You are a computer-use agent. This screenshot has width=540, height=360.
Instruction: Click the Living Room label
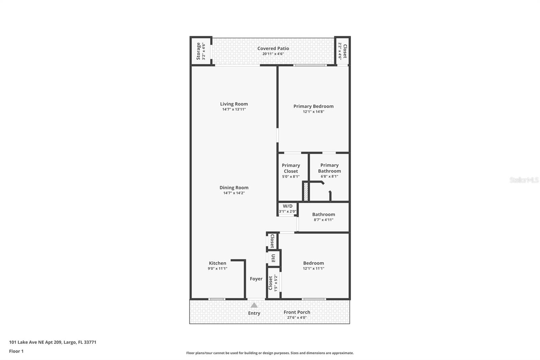pos(234,104)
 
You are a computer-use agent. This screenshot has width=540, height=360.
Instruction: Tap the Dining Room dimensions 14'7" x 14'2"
pos(234,193)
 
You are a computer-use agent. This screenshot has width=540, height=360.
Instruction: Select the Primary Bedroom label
pos(313,106)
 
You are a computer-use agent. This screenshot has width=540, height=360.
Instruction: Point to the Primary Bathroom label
pos(329,168)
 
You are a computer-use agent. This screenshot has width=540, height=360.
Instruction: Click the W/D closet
pos(288,209)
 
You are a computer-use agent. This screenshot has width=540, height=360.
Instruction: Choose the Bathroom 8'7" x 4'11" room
pos(323,217)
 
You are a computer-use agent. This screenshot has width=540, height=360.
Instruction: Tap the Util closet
pos(273,258)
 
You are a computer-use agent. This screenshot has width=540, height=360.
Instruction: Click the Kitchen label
pos(217,263)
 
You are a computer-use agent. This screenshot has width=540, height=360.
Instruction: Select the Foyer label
pos(256,279)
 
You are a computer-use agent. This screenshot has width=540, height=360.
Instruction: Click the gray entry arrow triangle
pos(254,305)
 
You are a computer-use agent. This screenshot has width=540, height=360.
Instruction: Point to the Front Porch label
pos(297,312)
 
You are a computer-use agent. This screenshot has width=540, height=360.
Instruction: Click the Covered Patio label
pos(273,48)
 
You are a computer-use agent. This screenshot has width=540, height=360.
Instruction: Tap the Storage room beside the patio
pos(201,51)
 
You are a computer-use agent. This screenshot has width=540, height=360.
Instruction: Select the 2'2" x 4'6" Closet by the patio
pos(343,51)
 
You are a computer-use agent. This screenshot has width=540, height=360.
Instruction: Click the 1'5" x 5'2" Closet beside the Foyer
pos(273,283)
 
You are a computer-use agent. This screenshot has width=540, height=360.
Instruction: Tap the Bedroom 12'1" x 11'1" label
pos(313,263)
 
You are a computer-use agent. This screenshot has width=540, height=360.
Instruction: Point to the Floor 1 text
pos(16,351)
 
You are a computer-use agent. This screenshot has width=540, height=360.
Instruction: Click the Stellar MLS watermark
pos(524,180)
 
